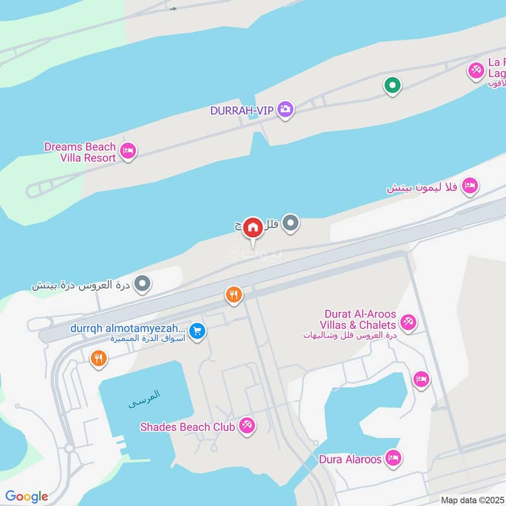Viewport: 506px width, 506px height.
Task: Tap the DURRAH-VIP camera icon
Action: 285,109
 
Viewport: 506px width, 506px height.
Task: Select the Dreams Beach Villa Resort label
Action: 80,152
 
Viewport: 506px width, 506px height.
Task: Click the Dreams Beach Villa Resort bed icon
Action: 128,151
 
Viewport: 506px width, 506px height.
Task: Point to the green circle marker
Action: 392,85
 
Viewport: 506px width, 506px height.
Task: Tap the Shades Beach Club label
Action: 188,427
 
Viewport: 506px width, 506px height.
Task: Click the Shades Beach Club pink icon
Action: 247,426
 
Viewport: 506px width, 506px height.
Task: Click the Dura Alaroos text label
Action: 350,459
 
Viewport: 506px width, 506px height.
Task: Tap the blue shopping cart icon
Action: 197,331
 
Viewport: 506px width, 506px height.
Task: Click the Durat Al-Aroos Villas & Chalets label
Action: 359,320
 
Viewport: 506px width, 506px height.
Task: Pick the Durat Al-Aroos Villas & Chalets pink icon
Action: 408,323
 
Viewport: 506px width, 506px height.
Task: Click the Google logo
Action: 27,497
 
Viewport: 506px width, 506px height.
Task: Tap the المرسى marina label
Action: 145,398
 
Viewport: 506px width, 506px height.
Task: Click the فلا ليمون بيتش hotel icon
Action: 469,186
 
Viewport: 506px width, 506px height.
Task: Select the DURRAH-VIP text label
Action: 242,111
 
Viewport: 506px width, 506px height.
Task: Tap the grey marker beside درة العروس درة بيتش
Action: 144,283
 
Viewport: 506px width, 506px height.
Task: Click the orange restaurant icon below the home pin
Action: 234,295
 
